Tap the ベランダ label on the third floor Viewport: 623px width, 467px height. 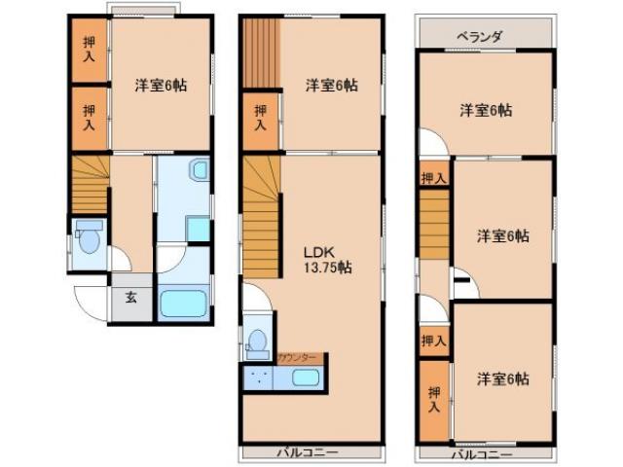pyautogui.click(x=480, y=37)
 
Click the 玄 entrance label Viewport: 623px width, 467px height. pyautogui.click(x=131, y=298)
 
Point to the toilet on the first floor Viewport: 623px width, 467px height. pyautogui.click(x=89, y=237)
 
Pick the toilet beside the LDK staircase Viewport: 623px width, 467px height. pyautogui.click(x=257, y=342)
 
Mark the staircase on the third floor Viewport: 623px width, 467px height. pyautogui.click(x=433, y=225)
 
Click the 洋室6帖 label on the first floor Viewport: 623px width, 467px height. pyautogui.click(x=161, y=85)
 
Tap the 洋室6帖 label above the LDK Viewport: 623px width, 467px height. pyautogui.click(x=331, y=85)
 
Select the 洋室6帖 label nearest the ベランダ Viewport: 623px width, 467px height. pyautogui.click(x=486, y=110)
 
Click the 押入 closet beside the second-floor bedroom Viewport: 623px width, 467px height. pyautogui.click(x=260, y=118)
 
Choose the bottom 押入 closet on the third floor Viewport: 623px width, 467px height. pyautogui.click(x=434, y=398)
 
